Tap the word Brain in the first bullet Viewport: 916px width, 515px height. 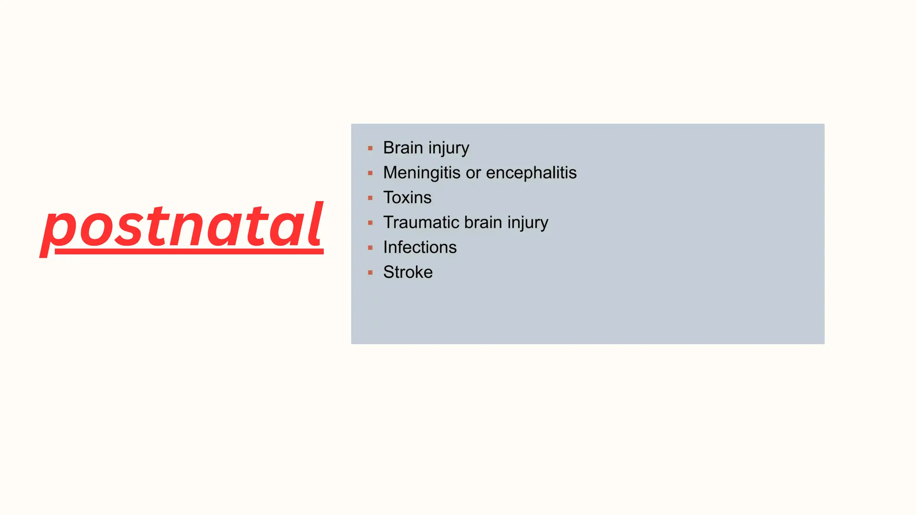click(x=403, y=148)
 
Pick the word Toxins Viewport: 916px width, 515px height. click(x=407, y=198)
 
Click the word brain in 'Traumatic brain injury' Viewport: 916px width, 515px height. click(x=483, y=223)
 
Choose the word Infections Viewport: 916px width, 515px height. click(x=420, y=247)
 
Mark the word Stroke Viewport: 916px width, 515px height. click(x=407, y=272)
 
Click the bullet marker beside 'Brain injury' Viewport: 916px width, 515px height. click(x=370, y=148)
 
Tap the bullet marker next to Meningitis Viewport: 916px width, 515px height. click(x=370, y=173)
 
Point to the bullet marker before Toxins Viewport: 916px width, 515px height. click(x=370, y=198)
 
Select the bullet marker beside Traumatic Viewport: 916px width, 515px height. click(x=370, y=223)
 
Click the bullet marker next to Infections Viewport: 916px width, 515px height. click(x=370, y=248)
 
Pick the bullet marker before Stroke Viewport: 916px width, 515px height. click(x=370, y=272)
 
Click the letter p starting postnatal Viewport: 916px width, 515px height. click(x=58, y=230)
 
